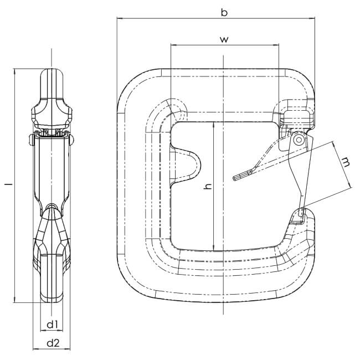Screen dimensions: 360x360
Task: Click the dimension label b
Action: tap(224, 12)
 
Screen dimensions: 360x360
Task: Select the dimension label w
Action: tap(224, 39)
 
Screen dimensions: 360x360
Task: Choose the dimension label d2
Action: tap(53, 343)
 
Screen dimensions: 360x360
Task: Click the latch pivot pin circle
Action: tap(299, 141)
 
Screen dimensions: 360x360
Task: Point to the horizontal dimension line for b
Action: tap(166, 18)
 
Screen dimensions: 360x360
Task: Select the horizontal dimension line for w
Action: tap(199, 45)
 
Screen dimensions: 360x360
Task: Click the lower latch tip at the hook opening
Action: tap(302, 212)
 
